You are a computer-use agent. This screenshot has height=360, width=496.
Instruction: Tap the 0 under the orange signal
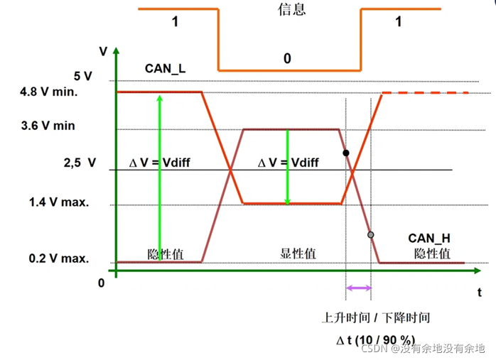[287, 58]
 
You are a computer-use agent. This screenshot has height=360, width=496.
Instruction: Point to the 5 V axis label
[82, 76]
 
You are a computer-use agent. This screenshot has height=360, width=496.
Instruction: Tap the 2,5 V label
[79, 162]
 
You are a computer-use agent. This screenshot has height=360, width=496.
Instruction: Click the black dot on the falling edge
[346, 153]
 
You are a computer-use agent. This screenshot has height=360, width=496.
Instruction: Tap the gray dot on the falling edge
[370, 234]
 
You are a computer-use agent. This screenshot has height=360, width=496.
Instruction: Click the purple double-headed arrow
[358, 288]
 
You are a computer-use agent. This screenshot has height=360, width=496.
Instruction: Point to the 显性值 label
[298, 253]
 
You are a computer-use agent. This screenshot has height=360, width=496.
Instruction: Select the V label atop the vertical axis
[104, 51]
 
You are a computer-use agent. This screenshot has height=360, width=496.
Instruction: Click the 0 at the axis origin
[101, 283]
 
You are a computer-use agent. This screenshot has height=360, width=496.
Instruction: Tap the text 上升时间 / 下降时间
[377, 317]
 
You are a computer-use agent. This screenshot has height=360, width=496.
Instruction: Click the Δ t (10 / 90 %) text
[375, 340]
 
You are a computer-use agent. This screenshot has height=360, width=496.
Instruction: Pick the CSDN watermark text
[423, 349]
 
